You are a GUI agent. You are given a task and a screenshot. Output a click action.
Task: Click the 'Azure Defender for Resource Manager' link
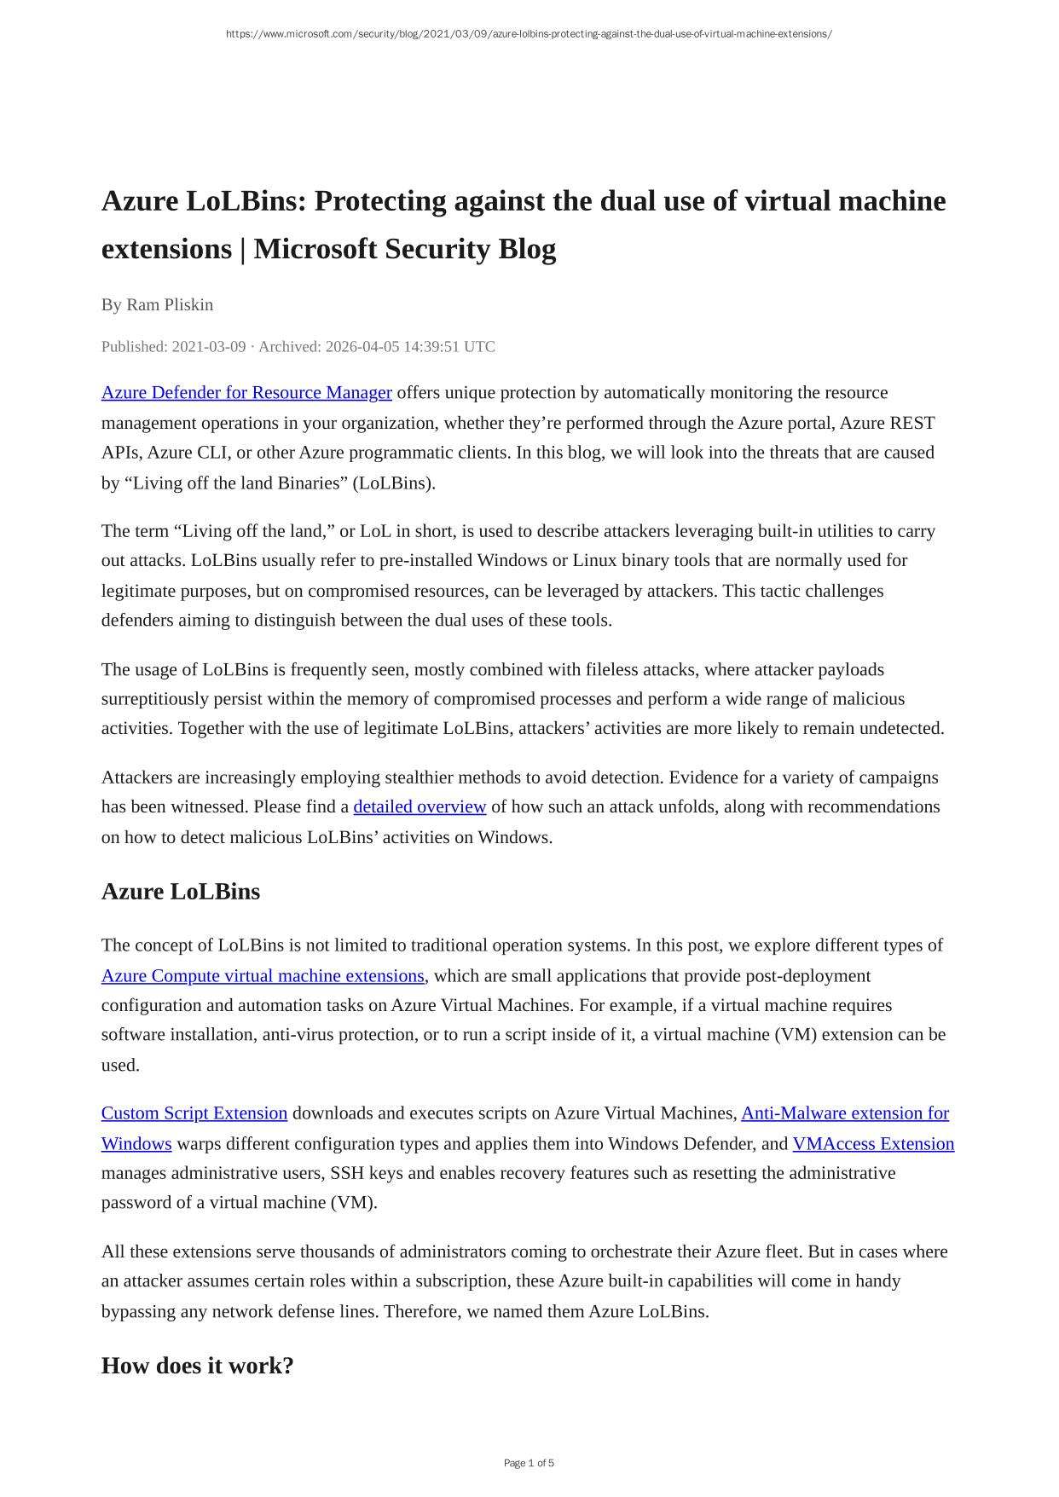pyautogui.click(x=246, y=393)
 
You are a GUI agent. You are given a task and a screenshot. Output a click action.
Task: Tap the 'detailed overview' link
pyautogui.click(x=420, y=807)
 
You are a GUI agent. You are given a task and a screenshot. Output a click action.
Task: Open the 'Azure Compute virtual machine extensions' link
pyautogui.click(x=263, y=976)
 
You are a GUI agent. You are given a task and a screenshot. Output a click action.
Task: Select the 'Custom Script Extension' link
pyautogui.click(x=194, y=1113)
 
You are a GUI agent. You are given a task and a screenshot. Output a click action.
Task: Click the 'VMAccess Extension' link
pyautogui.click(x=873, y=1144)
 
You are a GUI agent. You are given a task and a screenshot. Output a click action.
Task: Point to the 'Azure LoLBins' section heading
pyautogui.click(x=181, y=892)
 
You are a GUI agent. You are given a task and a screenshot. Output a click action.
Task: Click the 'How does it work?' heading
pyautogui.click(x=198, y=1366)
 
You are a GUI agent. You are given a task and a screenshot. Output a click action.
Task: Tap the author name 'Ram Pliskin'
pyautogui.click(x=170, y=305)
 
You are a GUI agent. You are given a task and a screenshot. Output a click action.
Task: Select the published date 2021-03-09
pyautogui.click(x=209, y=347)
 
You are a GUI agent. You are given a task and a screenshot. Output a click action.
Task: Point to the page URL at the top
pyautogui.click(x=529, y=34)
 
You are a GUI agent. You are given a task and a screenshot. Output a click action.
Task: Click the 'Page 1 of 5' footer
pyautogui.click(x=529, y=1463)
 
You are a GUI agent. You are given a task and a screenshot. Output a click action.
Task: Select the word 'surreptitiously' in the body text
pyautogui.click(x=157, y=699)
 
